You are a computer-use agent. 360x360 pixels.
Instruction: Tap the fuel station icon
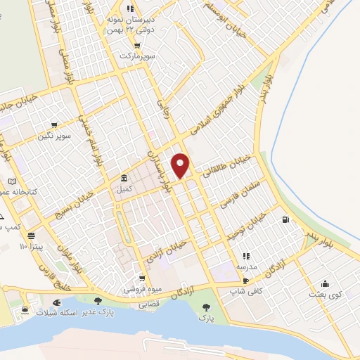[x=285, y=220]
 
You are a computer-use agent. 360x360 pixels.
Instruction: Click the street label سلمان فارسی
[x=237, y=193]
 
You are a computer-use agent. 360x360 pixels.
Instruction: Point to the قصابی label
[x=148, y=306]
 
